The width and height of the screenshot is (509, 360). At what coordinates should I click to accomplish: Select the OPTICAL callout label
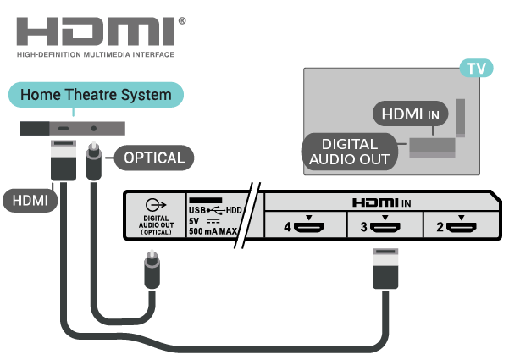coord(153,158)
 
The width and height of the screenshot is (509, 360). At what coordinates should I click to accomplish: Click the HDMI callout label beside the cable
coord(29,201)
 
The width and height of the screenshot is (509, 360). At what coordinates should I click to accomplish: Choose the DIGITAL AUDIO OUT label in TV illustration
coord(349,151)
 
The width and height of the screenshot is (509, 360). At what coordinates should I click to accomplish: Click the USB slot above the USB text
coord(204,198)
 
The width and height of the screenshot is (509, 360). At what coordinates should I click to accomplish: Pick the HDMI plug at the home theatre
coord(63,161)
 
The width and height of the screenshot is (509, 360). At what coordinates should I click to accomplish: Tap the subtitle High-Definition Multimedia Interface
coord(95,55)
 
